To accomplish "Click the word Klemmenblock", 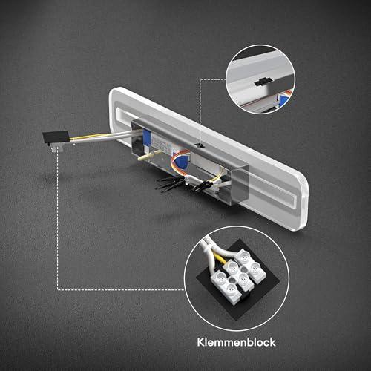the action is click(236, 342).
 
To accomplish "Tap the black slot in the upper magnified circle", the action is click(263, 82).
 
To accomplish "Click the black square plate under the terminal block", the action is click(238, 282).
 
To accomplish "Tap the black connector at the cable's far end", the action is click(56, 137).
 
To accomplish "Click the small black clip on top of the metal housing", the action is click(200, 145).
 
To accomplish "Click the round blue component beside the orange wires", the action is click(182, 163).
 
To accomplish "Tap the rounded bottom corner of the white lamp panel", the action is click(301, 224).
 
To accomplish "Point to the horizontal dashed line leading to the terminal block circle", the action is click(121, 289).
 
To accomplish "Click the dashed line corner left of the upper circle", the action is click(200, 79).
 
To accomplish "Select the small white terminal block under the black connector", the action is click(55, 148).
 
